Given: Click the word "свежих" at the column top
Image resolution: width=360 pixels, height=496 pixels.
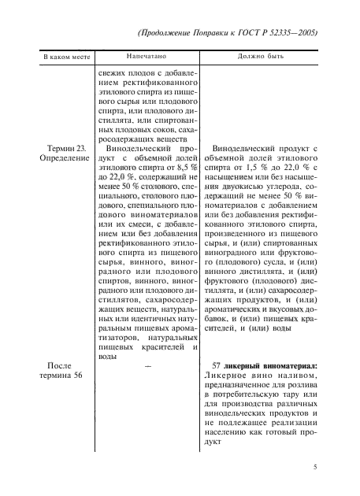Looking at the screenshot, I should tap(112, 75).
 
